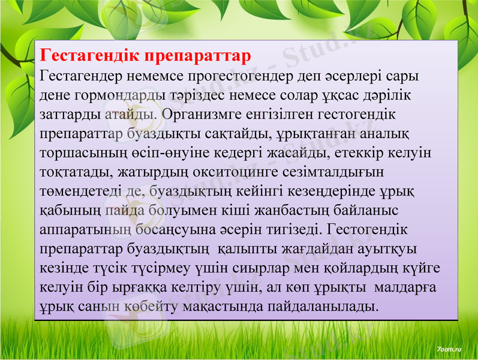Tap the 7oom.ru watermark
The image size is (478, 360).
[x=448, y=349]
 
